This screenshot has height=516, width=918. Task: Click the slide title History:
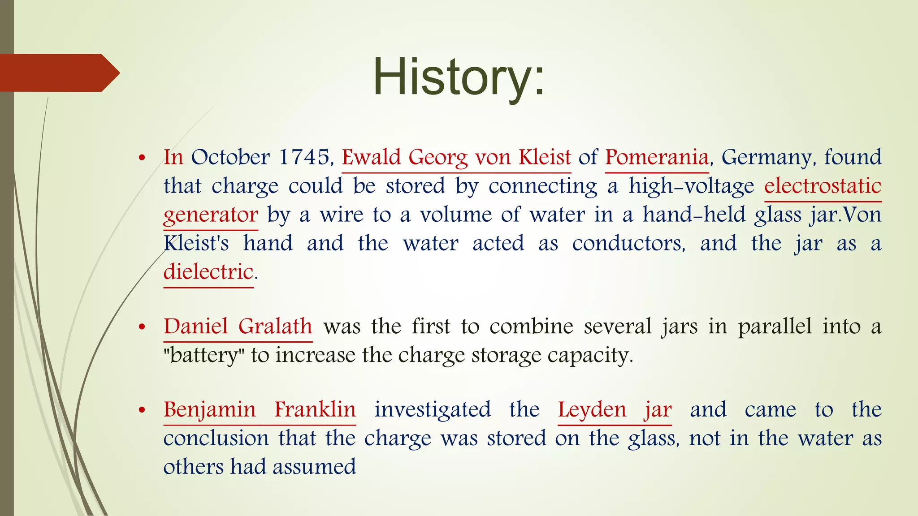[x=459, y=77]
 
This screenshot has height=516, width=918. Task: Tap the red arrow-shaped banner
[x=58, y=73]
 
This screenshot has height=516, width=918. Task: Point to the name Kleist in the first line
[x=545, y=157]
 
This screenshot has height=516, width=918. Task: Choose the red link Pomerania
[x=657, y=157]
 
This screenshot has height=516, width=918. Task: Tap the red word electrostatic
[x=823, y=186]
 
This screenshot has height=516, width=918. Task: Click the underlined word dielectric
[x=208, y=272]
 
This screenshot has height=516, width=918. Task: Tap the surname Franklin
[x=315, y=409]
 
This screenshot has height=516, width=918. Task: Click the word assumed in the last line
[x=314, y=467]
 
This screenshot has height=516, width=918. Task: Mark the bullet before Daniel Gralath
[x=142, y=327]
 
